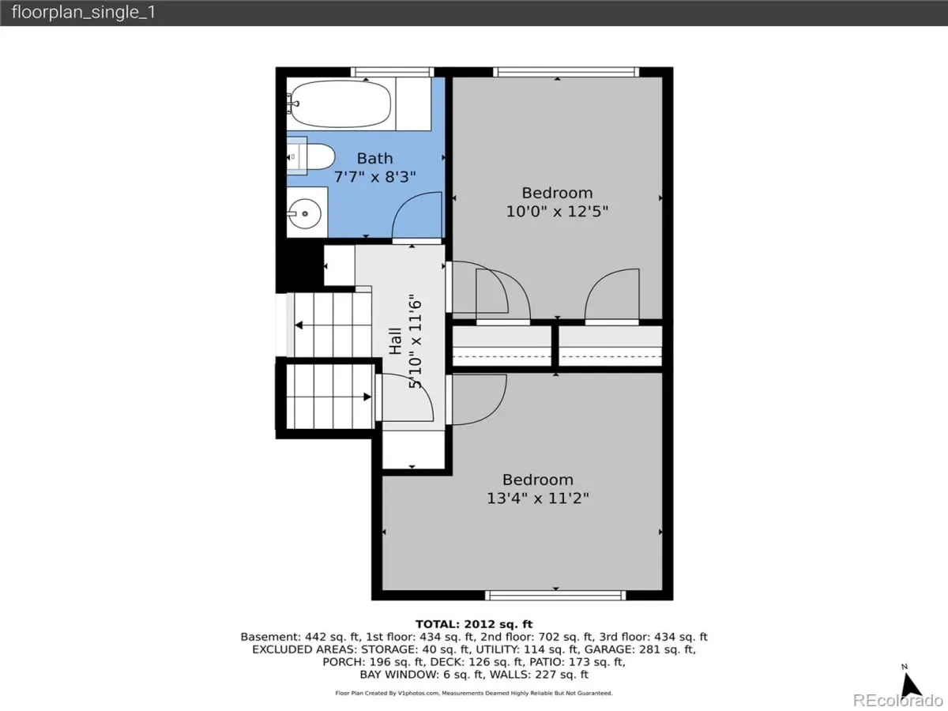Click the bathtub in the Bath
click(x=340, y=104)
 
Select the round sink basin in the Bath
click(x=305, y=213)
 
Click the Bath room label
click(x=375, y=159)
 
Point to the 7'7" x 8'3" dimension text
click(x=375, y=177)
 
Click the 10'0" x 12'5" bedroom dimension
click(x=557, y=212)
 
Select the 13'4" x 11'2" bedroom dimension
click(x=538, y=498)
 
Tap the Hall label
click(x=396, y=341)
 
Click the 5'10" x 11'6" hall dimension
click(x=415, y=341)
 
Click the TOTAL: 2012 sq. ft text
click(x=474, y=624)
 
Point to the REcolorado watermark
click(x=897, y=700)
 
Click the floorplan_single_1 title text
click(x=84, y=12)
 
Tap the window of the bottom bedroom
click(x=555, y=596)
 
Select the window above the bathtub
click(x=392, y=72)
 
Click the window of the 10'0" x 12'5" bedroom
click(x=566, y=72)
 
